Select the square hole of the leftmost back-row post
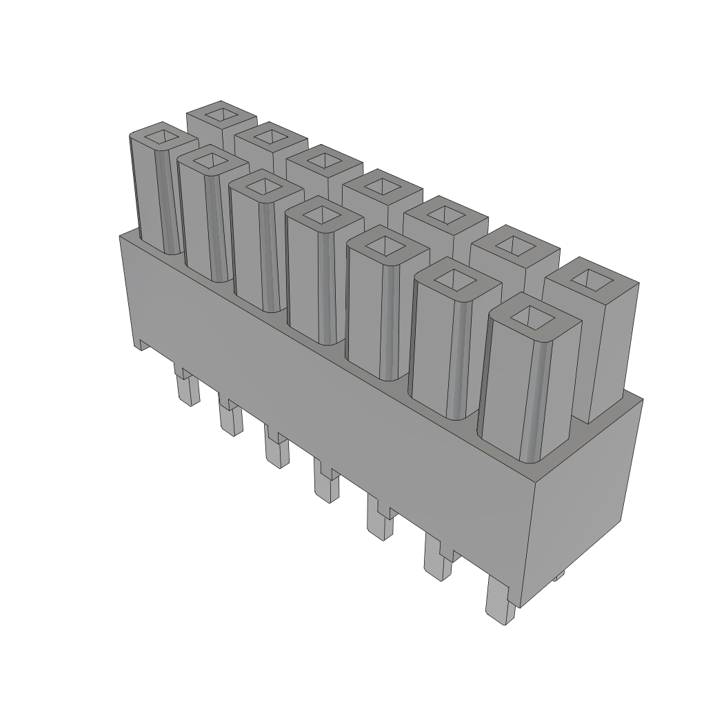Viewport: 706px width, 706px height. [x=221, y=114]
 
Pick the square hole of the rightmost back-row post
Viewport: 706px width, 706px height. [x=591, y=279]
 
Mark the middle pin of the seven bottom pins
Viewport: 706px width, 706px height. [x=325, y=483]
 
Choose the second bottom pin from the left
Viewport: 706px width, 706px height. [x=230, y=416]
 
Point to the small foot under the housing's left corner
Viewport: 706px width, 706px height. [x=141, y=344]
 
